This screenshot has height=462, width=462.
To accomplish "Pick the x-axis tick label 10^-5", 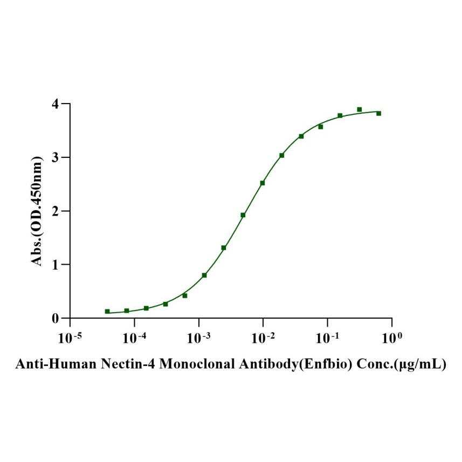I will coord(70,337).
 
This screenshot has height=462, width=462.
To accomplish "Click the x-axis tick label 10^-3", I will coord(198,337).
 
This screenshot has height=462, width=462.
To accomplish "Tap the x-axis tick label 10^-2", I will coord(263,337).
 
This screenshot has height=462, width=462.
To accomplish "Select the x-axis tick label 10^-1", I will coord(327,337).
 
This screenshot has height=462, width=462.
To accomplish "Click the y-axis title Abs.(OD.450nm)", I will coord(37,211).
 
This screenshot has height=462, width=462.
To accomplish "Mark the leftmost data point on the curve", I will coord(107,312).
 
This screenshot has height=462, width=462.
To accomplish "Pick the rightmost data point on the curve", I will coord(378,113).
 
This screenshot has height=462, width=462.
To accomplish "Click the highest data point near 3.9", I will coord(359,109).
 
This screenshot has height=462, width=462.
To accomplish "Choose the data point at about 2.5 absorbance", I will coord(263,183).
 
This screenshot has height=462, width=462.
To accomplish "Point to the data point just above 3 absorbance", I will coord(281,155).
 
